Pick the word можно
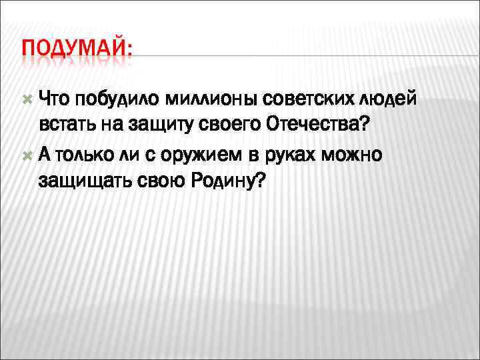coord(355,155)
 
